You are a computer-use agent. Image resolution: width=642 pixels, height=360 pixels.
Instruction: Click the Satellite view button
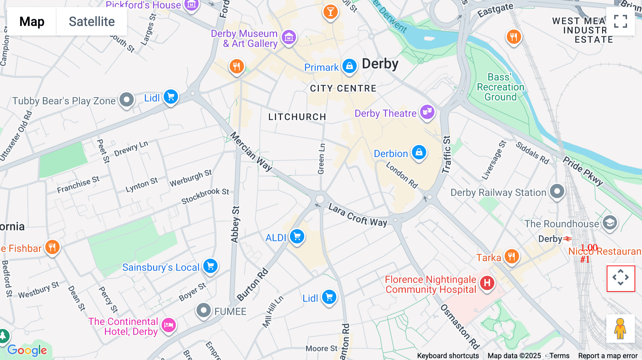coord(92,22)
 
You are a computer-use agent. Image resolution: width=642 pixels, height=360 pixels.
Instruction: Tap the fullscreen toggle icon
coord(620,21)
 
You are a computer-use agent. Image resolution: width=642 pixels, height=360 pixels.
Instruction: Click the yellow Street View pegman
coord(620,329)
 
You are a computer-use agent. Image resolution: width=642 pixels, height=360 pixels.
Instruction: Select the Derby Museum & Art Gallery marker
coord(289,37)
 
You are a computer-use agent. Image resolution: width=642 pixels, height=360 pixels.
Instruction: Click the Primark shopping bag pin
coord(349,66)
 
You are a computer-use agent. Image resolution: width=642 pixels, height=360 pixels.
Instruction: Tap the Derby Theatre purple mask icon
coord(427,112)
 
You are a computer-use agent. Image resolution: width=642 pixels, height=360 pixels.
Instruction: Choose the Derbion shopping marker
coord(419,153)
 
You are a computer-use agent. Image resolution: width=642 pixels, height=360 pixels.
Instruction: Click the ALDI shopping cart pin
coord(297,236)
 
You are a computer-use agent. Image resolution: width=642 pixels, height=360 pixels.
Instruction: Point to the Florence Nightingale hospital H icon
coord(487,283)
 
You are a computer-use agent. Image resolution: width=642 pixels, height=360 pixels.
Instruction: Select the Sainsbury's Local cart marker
coord(210,266)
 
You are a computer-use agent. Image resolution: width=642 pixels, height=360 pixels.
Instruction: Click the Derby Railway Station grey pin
coord(557,191)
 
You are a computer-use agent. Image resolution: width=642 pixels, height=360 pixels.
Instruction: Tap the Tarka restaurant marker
coord(511,256)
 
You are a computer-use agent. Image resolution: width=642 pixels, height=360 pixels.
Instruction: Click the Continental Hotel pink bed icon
coord(169,325)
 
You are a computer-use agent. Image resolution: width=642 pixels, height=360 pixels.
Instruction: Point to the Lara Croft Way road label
coord(357,215)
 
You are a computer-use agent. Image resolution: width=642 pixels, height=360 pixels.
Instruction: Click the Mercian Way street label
coord(251,151)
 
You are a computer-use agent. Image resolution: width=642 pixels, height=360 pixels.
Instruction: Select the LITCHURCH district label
coord(297,117)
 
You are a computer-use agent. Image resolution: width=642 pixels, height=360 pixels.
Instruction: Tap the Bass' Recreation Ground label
coord(500,87)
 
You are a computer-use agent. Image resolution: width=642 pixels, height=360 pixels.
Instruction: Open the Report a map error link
coord(608,356)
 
